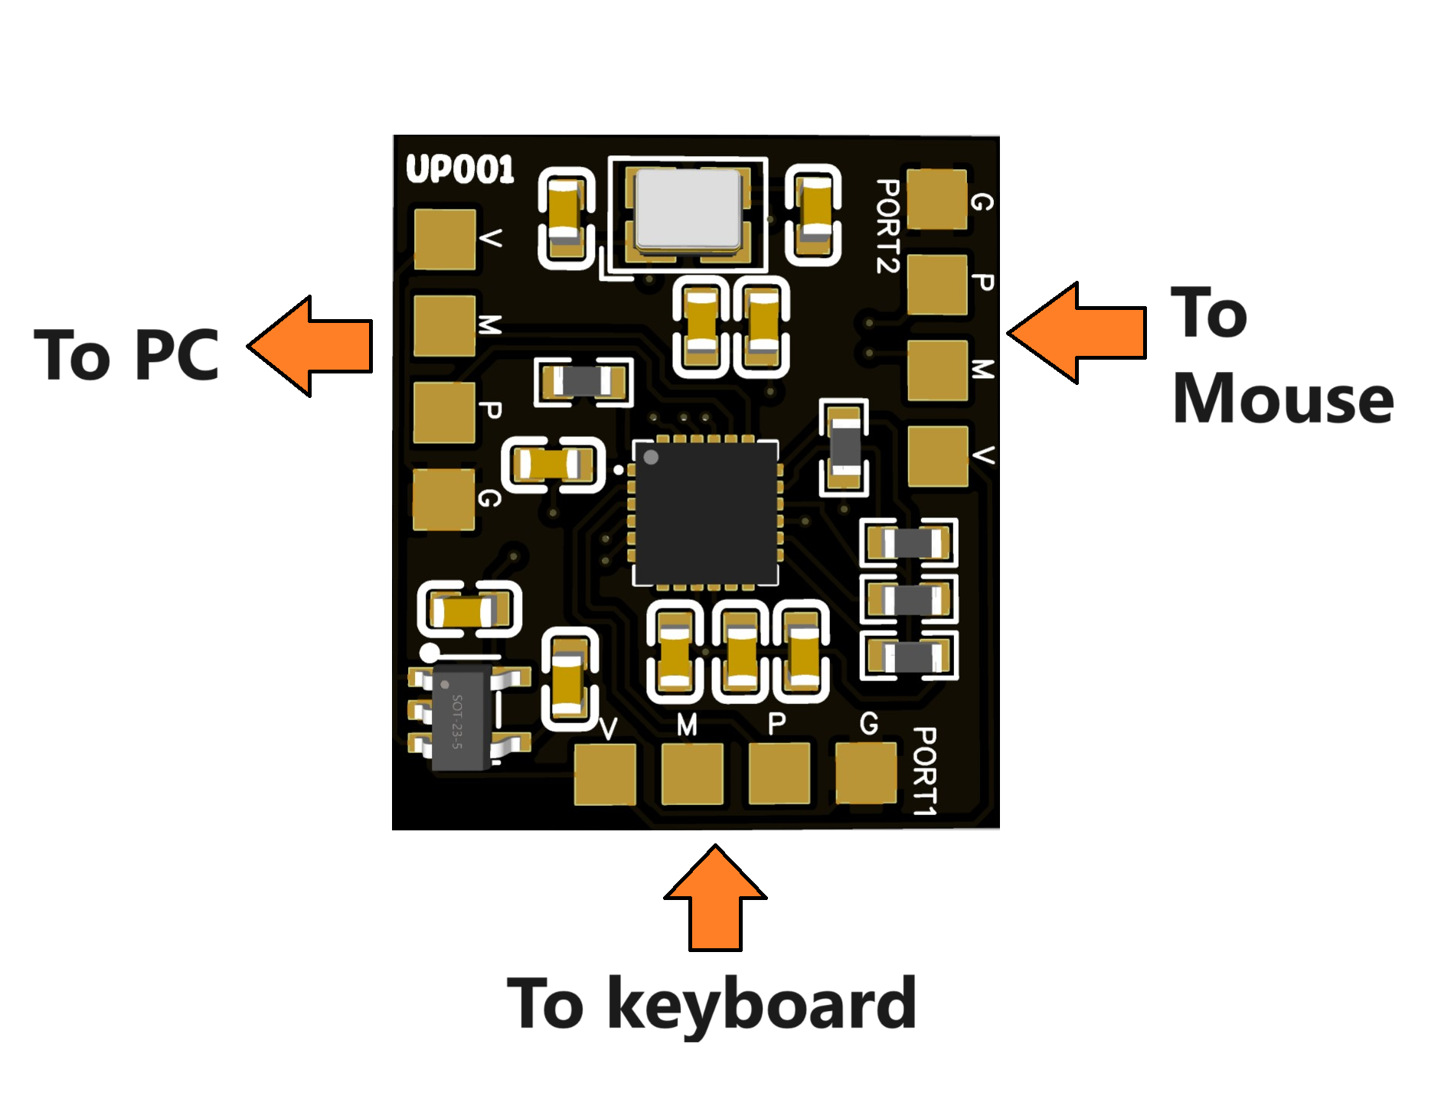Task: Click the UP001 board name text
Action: click(x=459, y=169)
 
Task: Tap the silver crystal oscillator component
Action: click(x=687, y=210)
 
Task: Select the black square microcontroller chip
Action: click(x=705, y=512)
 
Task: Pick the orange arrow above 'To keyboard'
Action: click(x=715, y=899)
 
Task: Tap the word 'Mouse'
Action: click(x=1282, y=399)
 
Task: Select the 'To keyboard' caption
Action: click(x=711, y=1003)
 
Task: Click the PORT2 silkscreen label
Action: click(x=888, y=227)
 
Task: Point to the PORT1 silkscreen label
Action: click(x=925, y=771)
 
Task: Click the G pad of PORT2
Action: click(x=936, y=199)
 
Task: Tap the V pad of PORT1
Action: click(x=605, y=774)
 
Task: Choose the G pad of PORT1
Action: click(x=866, y=772)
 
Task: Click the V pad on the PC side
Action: click(x=444, y=239)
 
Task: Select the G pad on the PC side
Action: click(x=443, y=500)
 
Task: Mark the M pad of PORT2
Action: click(x=937, y=370)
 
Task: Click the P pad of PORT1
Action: click(x=779, y=773)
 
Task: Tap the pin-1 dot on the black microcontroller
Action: click(x=651, y=458)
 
